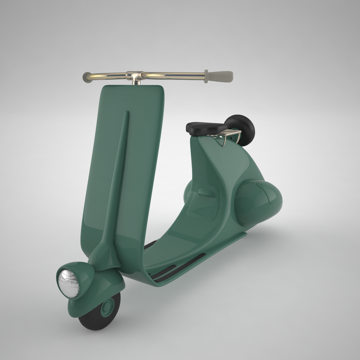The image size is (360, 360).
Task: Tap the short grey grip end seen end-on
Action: (x=87, y=77)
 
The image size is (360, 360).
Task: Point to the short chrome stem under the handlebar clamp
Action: (x=136, y=82)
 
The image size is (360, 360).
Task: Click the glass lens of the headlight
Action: (x=68, y=284)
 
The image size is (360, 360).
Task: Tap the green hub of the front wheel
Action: (x=107, y=308)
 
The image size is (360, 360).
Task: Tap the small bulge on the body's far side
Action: (x=187, y=193)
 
